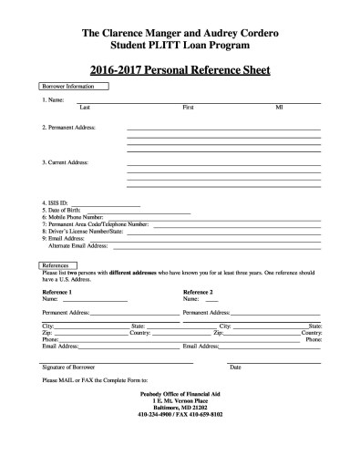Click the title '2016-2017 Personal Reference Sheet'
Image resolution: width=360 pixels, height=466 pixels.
pyautogui.click(x=180, y=69)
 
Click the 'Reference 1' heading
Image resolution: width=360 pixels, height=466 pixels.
pyautogui.click(x=57, y=291)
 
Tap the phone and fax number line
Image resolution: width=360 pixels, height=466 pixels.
pyautogui.click(x=180, y=415)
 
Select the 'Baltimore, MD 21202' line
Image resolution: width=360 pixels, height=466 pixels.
pyautogui.click(x=180, y=408)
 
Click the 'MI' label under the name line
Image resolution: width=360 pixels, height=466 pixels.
pyautogui.click(x=280, y=107)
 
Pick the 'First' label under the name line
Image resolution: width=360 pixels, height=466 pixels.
pyautogui.click(x=188, y=107)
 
